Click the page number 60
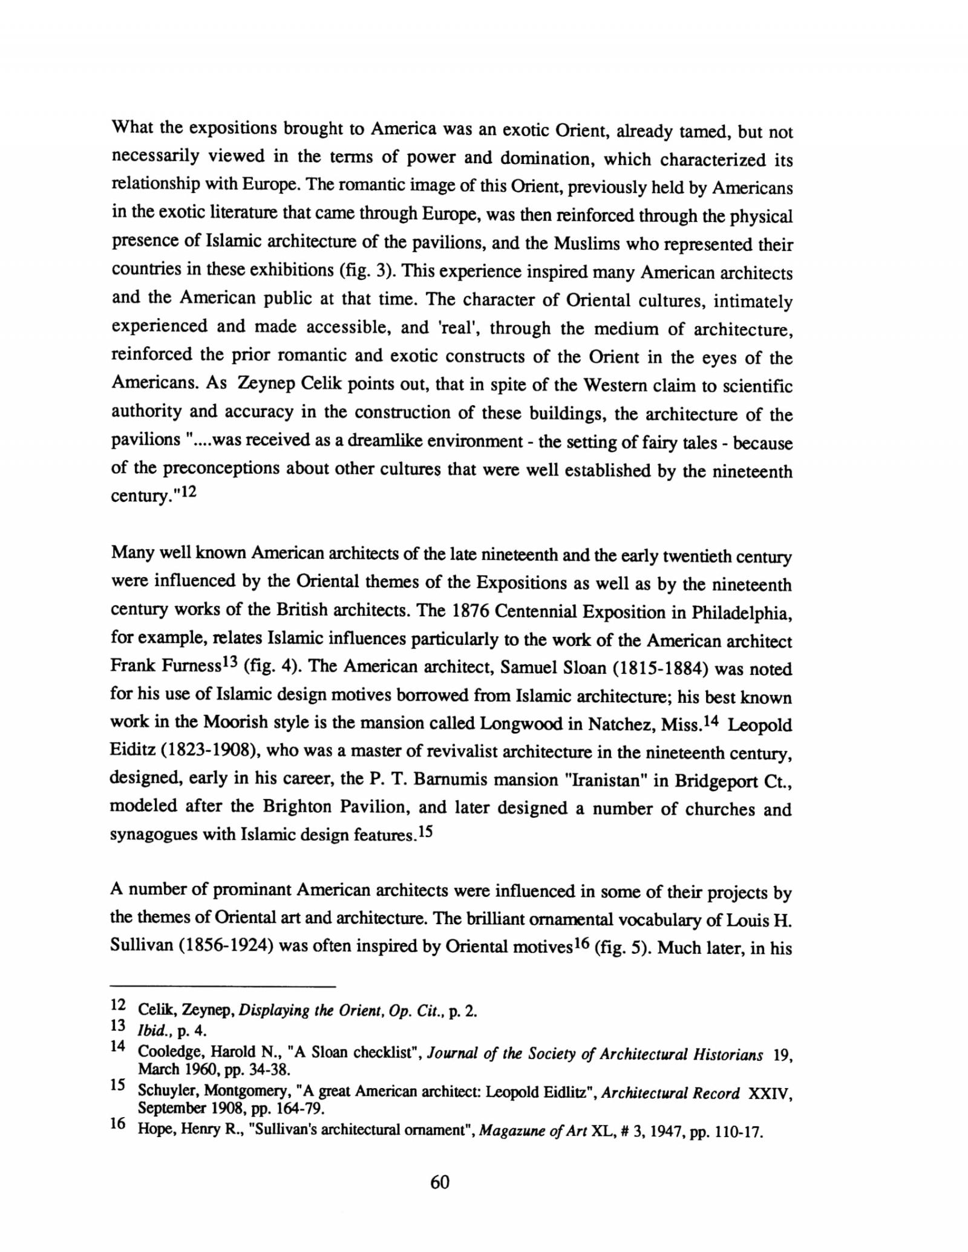440,1181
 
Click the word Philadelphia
741,613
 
